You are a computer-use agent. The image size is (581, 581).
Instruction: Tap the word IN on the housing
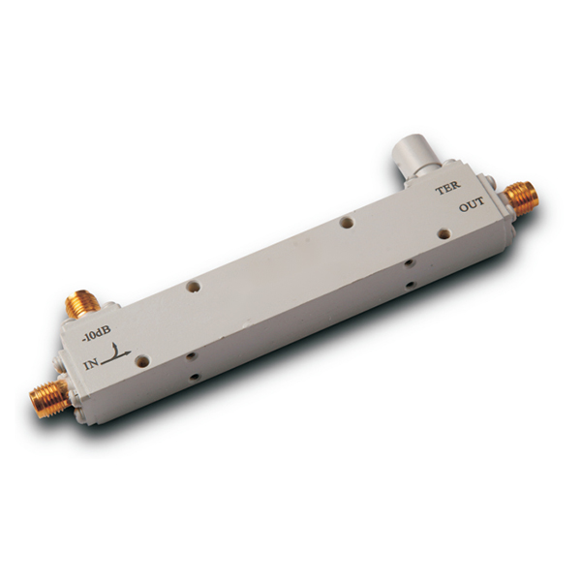92,365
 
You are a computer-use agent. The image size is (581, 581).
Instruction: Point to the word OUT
472,204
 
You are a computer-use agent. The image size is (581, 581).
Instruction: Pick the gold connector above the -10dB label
82,306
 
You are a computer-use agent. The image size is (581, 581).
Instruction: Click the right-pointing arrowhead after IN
128,352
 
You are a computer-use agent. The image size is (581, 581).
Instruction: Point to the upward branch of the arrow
116,350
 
